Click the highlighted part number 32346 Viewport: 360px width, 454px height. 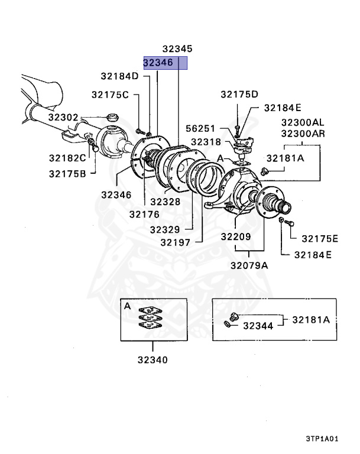click(158, 62)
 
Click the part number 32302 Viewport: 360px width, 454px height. click(63, 117)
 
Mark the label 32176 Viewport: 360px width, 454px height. click(145, 215)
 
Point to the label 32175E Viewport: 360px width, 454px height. click(319, 239)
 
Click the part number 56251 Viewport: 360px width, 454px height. click(202, 128)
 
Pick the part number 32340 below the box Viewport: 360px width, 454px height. click(153, 359)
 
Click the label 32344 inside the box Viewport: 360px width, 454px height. click(258, 326)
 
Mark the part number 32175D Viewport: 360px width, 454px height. click(239, 94)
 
